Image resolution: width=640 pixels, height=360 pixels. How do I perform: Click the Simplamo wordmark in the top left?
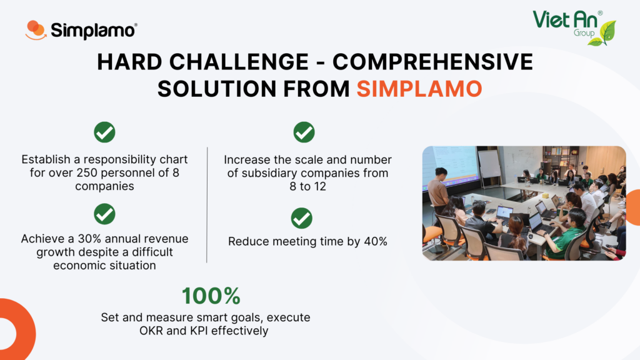tap(94, 31)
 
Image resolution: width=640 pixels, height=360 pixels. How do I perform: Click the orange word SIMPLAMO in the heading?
tap(419, 89)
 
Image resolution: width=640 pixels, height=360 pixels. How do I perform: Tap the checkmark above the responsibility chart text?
tap(104, 132)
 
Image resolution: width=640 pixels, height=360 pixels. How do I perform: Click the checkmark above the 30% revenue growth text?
tap(104, 214)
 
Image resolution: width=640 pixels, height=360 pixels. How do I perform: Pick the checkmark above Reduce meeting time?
tap(302, 218)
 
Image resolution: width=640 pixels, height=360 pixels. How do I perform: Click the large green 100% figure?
tap(211, 296)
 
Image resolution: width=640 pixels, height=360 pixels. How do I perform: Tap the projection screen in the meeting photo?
tap(453, 164)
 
